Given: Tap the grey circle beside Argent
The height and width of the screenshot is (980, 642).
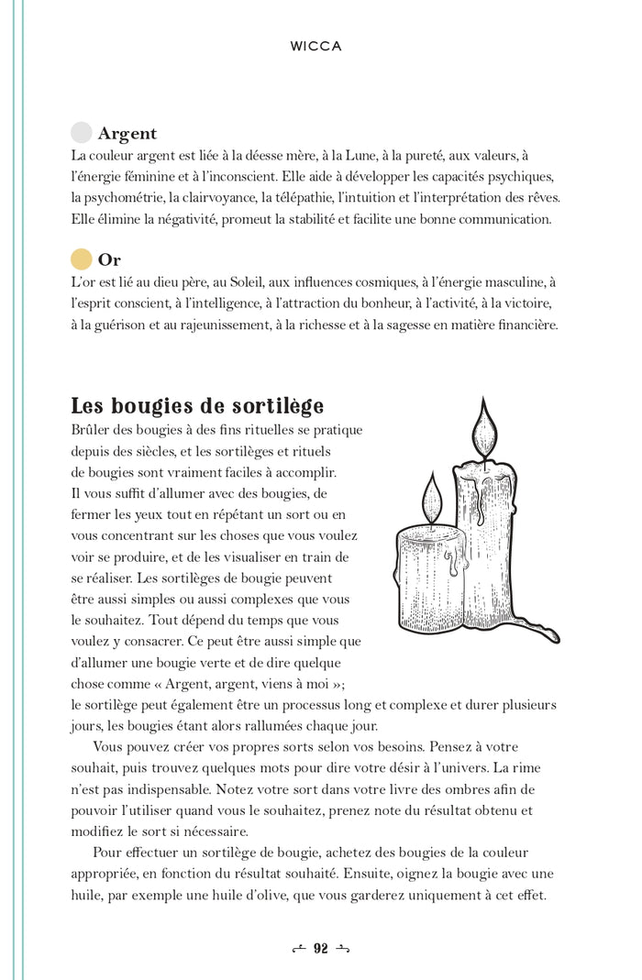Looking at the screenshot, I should pyautogui.click(x=82, y=133).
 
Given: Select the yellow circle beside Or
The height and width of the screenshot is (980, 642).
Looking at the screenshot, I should pyautogui.click(x=82, y=259).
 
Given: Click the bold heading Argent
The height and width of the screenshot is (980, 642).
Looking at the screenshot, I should pyautogui.click(x=127, y=134).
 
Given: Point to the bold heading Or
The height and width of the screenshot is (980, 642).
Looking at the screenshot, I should pyautogui.click(x=109, y=260).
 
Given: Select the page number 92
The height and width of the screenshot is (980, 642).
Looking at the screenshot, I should pyautogui.click(x=321, y=949).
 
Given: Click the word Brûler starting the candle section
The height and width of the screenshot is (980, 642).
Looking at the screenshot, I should pyautogui.click(x=92, y=430).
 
